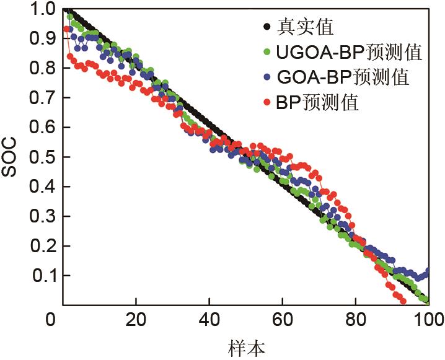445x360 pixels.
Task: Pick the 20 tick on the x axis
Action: pos(136,322)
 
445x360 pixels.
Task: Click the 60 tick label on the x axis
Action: pos(282,322)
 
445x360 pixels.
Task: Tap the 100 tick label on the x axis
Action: pos(428,322)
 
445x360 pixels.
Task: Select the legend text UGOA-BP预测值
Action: pos(350,52)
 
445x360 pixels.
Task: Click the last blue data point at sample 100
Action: pos(427,271)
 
